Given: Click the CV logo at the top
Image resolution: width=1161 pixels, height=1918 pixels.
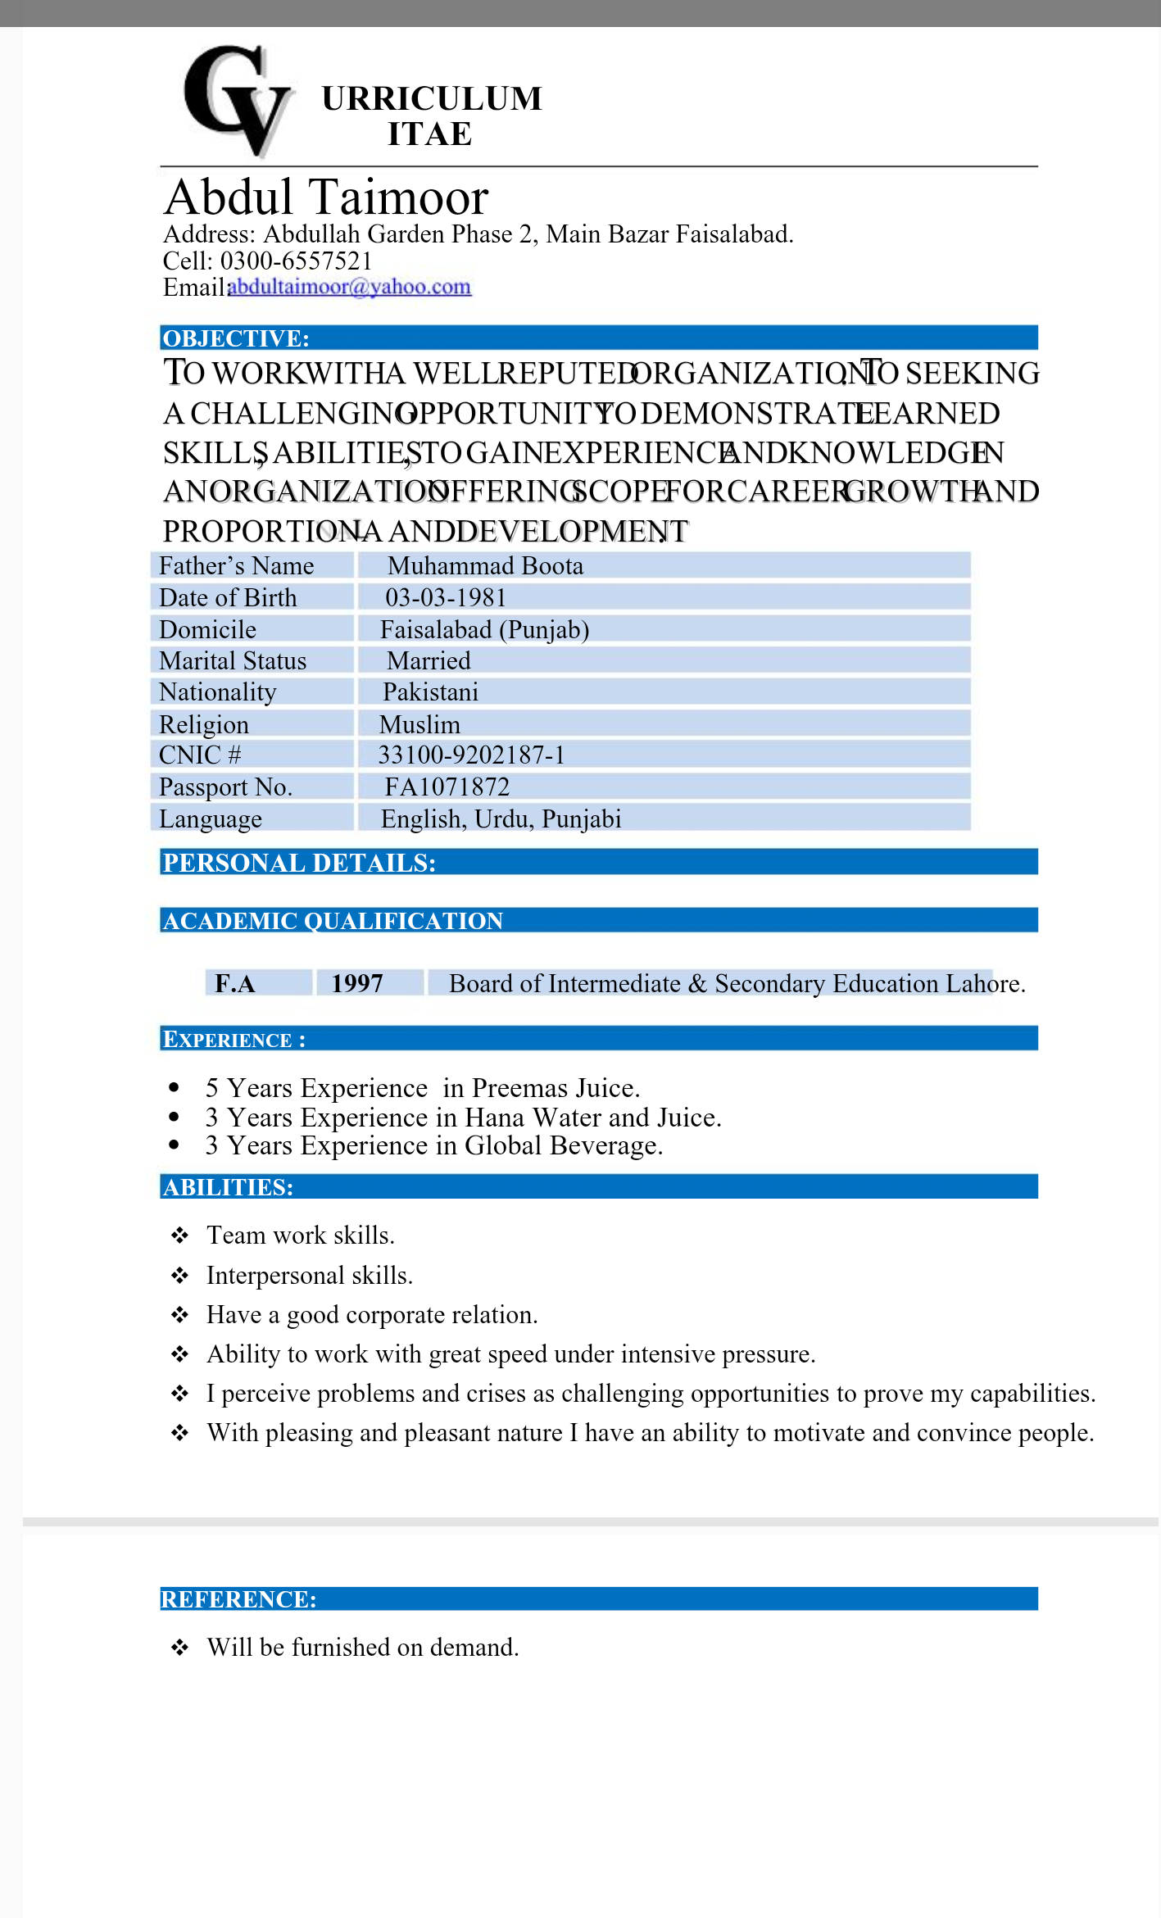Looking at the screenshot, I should (238, 100).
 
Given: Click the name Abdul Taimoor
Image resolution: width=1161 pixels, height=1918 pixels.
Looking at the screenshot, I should (326, 197).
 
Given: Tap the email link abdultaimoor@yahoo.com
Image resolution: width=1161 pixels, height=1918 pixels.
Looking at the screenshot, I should (349, 287).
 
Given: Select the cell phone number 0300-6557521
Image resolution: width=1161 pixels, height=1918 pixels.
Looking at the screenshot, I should (297, 261).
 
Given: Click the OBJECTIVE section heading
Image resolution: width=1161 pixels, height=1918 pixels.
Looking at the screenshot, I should (236, 338).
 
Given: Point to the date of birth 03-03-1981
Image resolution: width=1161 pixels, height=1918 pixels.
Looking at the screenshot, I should (446, 598).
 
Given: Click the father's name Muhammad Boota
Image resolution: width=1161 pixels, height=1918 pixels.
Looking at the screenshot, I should (485, 566).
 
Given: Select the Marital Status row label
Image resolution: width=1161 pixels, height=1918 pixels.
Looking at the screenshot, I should (233, 661).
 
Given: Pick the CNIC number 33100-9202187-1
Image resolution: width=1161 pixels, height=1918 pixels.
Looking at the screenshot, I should (471, 755).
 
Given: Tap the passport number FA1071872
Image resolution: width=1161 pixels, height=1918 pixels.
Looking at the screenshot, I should (447, 787).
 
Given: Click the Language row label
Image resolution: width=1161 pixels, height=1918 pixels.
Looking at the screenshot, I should (211, 819).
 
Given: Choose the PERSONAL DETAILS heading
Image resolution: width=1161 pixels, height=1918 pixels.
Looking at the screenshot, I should (299, 863).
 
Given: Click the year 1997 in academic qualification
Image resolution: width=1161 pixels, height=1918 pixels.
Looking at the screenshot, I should (357, 983).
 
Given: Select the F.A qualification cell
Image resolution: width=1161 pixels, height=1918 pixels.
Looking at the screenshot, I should (235, 983).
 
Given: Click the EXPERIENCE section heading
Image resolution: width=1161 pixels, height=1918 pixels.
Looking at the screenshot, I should (234, 1040).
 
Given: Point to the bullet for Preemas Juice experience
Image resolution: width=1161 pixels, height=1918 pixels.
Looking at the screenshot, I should (174, 1088).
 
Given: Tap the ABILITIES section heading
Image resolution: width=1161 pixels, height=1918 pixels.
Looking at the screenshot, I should (228, 1187).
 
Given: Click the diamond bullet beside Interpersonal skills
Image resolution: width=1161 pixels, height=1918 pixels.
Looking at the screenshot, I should (179, 1276).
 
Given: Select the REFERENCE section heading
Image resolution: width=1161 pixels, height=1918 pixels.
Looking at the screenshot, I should (238, 1599).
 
